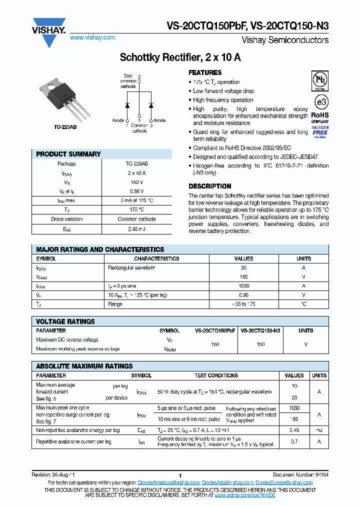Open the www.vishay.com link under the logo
click(92, 37)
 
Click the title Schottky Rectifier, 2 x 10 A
click(180, 57)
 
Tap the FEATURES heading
click(205, 72)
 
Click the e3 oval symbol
click(320, 102)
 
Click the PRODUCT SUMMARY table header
click(68, 154)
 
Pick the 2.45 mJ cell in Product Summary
click(136, 228)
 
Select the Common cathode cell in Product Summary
click(136, 219)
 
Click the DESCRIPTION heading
click(209, 186)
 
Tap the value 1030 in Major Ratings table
click(244, 286)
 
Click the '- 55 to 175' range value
click(244, 304)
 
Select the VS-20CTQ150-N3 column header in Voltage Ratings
click(260, 330)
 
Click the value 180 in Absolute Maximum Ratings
click(294, 419)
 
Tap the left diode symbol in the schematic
click(127, 105)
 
